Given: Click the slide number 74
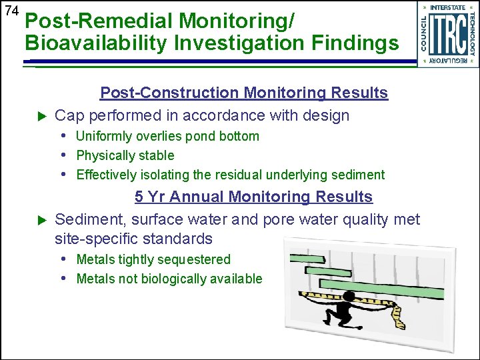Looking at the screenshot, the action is coord(10,11).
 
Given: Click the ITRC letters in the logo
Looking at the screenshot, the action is coord(447,33).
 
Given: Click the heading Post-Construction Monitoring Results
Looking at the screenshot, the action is coord(243,93).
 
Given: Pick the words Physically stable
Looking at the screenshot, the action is coord(125,155).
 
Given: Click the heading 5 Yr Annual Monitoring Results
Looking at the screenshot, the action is coord(253,197).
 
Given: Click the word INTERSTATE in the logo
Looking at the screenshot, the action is coord(447,7).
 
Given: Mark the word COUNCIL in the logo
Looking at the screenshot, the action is coord(423,33).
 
